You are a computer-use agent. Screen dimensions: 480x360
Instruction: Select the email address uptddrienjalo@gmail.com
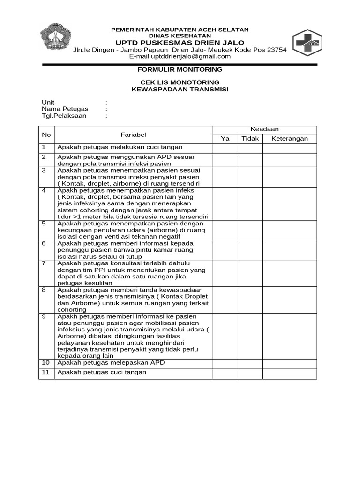pos(180,56)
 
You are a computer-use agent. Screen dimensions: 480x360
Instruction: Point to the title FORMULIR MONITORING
pos(180,69)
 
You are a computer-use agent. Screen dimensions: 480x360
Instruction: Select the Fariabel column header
pos(134,135)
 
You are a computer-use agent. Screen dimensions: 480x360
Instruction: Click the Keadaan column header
pos(265,129)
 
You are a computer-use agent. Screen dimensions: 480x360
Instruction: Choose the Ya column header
pos(225,139)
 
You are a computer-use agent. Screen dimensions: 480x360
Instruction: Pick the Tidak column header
pos(250,139)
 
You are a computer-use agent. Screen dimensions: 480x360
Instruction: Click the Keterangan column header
pos(290,139)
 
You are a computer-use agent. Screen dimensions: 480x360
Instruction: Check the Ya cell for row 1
pos(225,148)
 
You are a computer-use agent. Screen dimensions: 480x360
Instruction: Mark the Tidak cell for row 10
pos(250,363)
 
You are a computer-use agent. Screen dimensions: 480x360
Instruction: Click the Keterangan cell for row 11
pos(290,374)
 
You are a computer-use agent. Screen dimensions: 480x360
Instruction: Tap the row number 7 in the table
pos(44,263)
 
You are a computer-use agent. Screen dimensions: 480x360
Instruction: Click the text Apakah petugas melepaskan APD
pos(111,363)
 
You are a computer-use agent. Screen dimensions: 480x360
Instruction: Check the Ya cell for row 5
pos(225,230)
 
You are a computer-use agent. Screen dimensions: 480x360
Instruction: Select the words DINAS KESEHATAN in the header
pos(180,36)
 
